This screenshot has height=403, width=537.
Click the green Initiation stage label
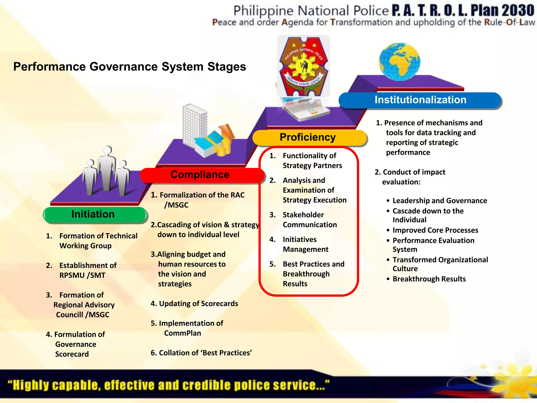(x=93, y=214)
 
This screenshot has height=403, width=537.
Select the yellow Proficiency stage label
(x=308, y=137)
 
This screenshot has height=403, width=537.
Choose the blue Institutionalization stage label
(x=420, y=100)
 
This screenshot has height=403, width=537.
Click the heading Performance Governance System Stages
(x=130, y=66)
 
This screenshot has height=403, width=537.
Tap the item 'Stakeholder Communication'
(x=309, y=220)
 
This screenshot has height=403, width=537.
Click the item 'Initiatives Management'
(x=305, y=244)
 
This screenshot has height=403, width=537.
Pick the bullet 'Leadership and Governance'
(x=440, y=201)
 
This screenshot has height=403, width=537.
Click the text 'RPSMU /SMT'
(x=82, y=275)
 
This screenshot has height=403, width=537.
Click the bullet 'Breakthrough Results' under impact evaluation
(x=429, y=279)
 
